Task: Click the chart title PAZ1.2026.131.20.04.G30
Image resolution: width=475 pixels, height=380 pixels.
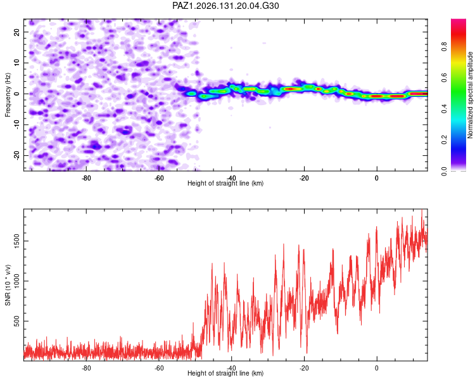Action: coord(225,6)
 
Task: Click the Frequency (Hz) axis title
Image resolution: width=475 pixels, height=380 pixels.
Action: coord(8,95)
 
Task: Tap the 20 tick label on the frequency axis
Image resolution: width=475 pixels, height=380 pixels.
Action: coord(16,32)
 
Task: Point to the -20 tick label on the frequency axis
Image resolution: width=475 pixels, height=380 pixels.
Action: coord(16,156)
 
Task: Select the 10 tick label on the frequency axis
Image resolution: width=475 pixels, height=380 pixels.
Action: coord(16,63)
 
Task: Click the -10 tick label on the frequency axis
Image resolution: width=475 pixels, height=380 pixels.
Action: coord(16,125)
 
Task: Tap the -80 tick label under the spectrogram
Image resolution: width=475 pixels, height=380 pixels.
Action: coord(86,178)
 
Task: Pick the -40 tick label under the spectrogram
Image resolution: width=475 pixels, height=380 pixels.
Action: coord(231,178)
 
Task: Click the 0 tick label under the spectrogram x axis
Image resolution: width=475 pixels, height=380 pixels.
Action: coord(377,178)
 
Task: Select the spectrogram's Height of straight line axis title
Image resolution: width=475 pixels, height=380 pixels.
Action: coord(225,183)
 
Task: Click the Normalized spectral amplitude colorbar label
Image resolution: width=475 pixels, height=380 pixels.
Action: coord(470,95)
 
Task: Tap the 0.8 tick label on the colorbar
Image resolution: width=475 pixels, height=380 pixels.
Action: coord(444,47)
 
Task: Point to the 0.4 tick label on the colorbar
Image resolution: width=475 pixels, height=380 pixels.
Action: coord(444,109)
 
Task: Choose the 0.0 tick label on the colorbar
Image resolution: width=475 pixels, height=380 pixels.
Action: coord(444,171)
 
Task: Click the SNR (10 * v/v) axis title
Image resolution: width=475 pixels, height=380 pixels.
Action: coord(8,285)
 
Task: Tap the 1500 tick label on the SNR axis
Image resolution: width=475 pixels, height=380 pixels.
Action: coord(16,241)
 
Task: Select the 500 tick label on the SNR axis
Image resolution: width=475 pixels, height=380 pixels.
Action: coord(16,321)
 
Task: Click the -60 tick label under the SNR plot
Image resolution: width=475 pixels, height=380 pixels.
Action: coord(159,368)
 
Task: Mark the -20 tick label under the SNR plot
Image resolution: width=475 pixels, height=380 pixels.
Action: coord(304,368)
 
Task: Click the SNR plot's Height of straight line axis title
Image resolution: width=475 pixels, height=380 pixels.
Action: coord(225,373)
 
